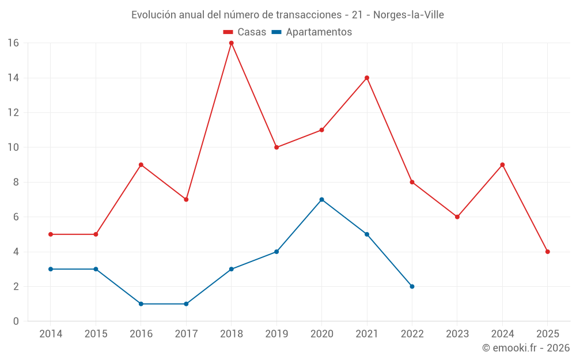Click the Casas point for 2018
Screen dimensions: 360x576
click(232, 43)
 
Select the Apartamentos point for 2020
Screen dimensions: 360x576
click(321, 200)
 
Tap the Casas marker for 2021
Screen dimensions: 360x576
click(367, 78)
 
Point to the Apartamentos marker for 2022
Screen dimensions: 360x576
click(412, 286)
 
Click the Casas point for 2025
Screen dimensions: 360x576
click(547, 252)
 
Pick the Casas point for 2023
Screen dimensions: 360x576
click(457, 217)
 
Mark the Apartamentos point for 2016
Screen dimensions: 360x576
click(141, 304)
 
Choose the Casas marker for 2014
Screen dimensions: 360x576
click(51, 234)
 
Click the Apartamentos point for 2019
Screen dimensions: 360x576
click(276, 252)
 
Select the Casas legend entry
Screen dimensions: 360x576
click(245, 32)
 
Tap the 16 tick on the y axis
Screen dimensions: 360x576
click(13, 43)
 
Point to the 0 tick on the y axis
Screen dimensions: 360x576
click(16, 321)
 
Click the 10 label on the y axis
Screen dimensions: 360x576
click(13, 147)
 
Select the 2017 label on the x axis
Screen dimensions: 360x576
click(186, 334)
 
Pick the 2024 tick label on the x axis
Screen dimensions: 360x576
click(502, 334)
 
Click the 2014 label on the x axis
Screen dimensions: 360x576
click(51, 334)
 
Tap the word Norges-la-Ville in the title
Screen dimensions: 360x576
click(408, 15)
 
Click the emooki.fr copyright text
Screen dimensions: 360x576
click(526, 348)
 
